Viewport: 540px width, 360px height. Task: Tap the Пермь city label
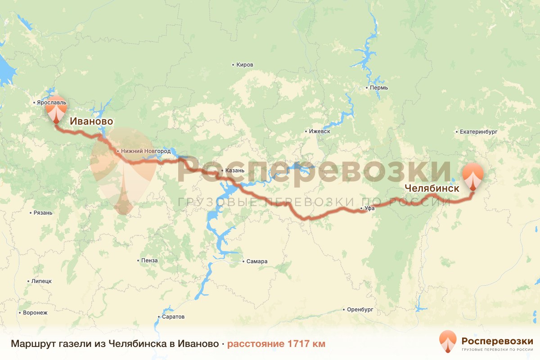tap(378, 88)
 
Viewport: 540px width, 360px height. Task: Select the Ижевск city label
tap(319, 131)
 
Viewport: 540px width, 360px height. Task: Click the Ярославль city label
tap(51, 103)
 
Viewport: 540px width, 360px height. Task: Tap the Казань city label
tap(234, 171)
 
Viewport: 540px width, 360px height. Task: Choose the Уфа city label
tap(369, 208)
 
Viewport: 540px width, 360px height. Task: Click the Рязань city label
tap(43, 213)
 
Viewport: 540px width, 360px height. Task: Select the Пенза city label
tap(149, 261)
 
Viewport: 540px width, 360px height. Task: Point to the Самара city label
tap(257, 261)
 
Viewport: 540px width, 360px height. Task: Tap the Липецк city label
tap(41, 281)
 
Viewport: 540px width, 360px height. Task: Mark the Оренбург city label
tap(360, 310)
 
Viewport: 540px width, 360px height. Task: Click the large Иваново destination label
tap(91, 121)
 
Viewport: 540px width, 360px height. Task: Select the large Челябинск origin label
tap(432, 189)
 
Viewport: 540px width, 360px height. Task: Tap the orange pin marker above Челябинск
tap(473, 176)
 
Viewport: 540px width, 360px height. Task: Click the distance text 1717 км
tap(276, 344)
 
